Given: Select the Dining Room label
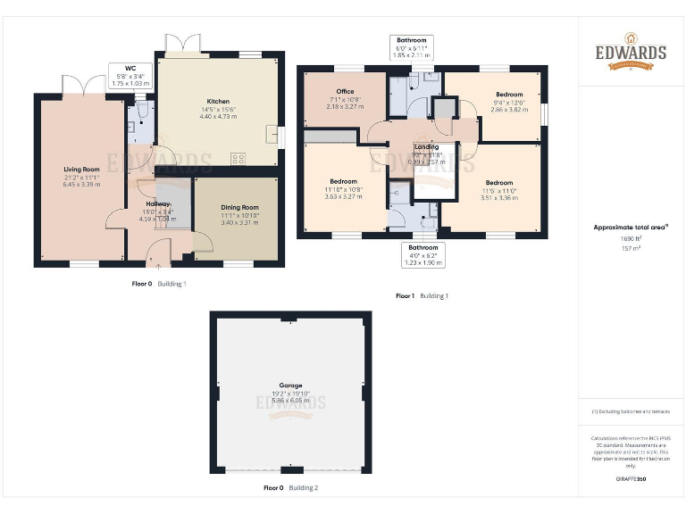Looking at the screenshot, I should (239, 208).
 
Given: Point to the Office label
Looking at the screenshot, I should (345, 92).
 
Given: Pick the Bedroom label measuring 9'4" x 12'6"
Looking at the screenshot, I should (508, 95).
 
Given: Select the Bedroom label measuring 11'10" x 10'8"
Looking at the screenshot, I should (343, 181).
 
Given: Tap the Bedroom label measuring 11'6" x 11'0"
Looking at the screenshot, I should (499, 182).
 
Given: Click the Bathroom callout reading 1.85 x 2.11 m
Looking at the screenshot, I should (412, 47).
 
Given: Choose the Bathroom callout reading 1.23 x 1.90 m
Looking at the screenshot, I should (423, 255).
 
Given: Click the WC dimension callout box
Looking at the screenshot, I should (130, 72).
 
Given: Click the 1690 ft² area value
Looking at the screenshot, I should (632, 238).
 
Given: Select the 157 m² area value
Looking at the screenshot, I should (632, 249).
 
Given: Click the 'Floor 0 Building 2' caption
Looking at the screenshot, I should (290, 488).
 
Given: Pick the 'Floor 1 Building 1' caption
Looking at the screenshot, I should (422, 295).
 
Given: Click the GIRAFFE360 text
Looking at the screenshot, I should (631, 479).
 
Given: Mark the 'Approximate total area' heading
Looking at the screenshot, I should (632, 227).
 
